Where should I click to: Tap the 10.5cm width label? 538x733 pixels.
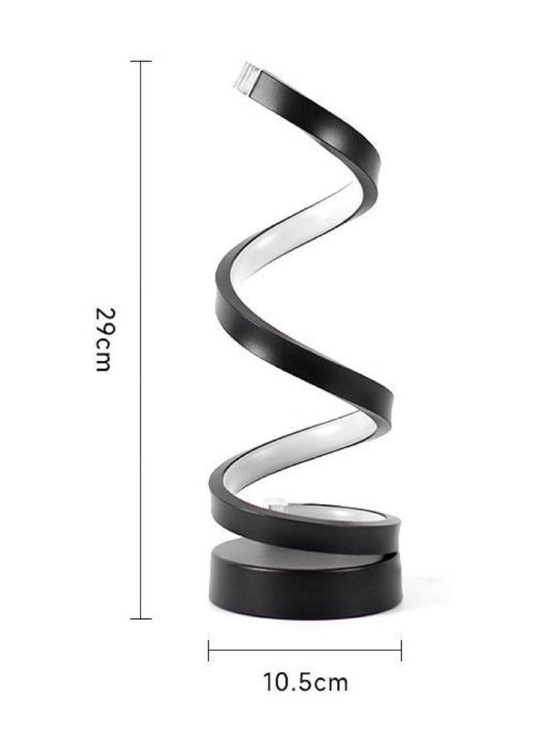[306, 683]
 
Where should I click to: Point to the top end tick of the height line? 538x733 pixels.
[141, 61]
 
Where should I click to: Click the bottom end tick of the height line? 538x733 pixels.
[141, 618]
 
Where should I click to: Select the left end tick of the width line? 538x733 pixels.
[209, 650]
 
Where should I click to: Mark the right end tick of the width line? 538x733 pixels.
[401, 650]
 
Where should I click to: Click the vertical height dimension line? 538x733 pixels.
[141, 202]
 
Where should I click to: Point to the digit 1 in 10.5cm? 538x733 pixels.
[270, 683]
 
